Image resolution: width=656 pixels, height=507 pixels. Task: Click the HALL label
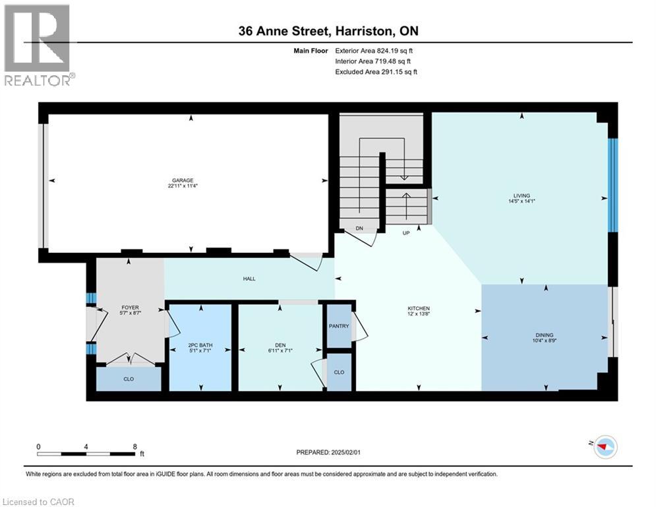click(x=249, y=279)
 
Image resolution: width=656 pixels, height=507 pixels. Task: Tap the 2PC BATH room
click(x=200, y=346)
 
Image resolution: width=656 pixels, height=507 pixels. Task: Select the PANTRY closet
click(x=339, y=325)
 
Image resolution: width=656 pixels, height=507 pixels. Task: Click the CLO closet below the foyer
click(x=129, y=380)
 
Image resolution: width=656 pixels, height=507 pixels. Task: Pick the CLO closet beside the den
click(x=339, y=372)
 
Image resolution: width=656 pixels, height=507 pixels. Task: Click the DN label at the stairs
click(x=359, y=228)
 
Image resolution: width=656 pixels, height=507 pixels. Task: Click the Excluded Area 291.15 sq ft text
click(x=376, y=71)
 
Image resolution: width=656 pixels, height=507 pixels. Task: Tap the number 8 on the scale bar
click(x=134, y=446)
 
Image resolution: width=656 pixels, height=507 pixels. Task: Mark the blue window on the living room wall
click(x=612, y=185)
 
